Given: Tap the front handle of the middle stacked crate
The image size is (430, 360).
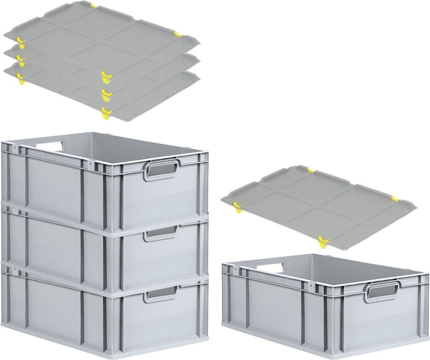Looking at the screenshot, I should click(x=161, y=234).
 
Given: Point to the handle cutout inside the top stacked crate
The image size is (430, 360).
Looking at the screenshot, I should click(x=50, y=145).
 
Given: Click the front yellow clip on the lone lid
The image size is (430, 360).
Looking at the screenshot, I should click(x=323, y=242).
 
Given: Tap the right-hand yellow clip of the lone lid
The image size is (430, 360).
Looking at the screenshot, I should click(x=395, y=198).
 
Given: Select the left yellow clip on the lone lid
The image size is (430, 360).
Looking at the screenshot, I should click(x=238, y=206).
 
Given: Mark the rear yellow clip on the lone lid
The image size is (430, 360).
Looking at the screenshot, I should click(x=310, y=170).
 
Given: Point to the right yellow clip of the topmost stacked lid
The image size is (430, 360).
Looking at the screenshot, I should click(x=178, y=34).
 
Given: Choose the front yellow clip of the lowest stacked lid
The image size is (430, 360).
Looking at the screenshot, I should click(x=107, y=113).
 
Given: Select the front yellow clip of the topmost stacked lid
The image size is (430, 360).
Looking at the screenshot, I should click(x=107, y=77).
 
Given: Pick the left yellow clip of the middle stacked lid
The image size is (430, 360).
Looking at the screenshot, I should click(x=19, y=59).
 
